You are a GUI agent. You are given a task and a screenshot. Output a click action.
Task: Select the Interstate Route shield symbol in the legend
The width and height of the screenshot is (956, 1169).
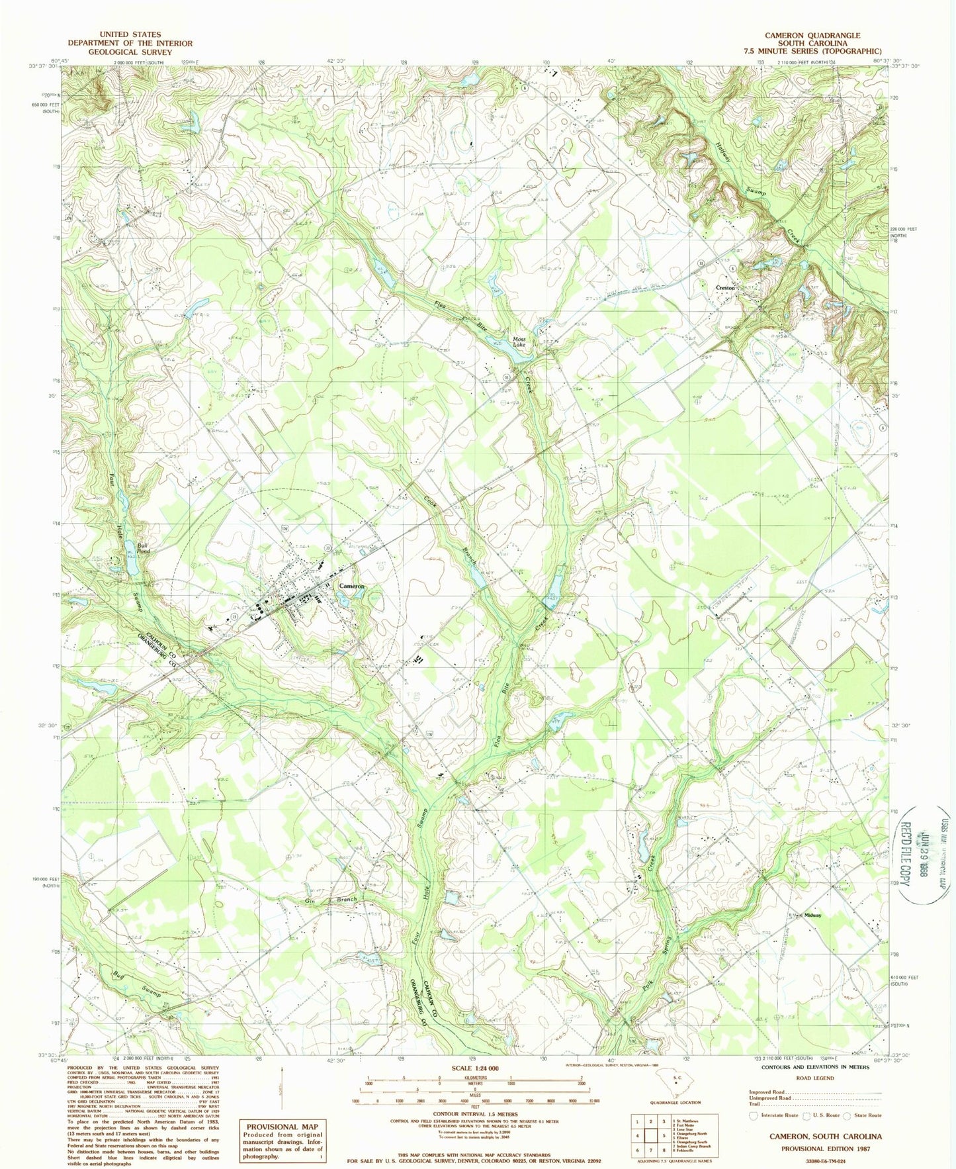[753, 1114]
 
